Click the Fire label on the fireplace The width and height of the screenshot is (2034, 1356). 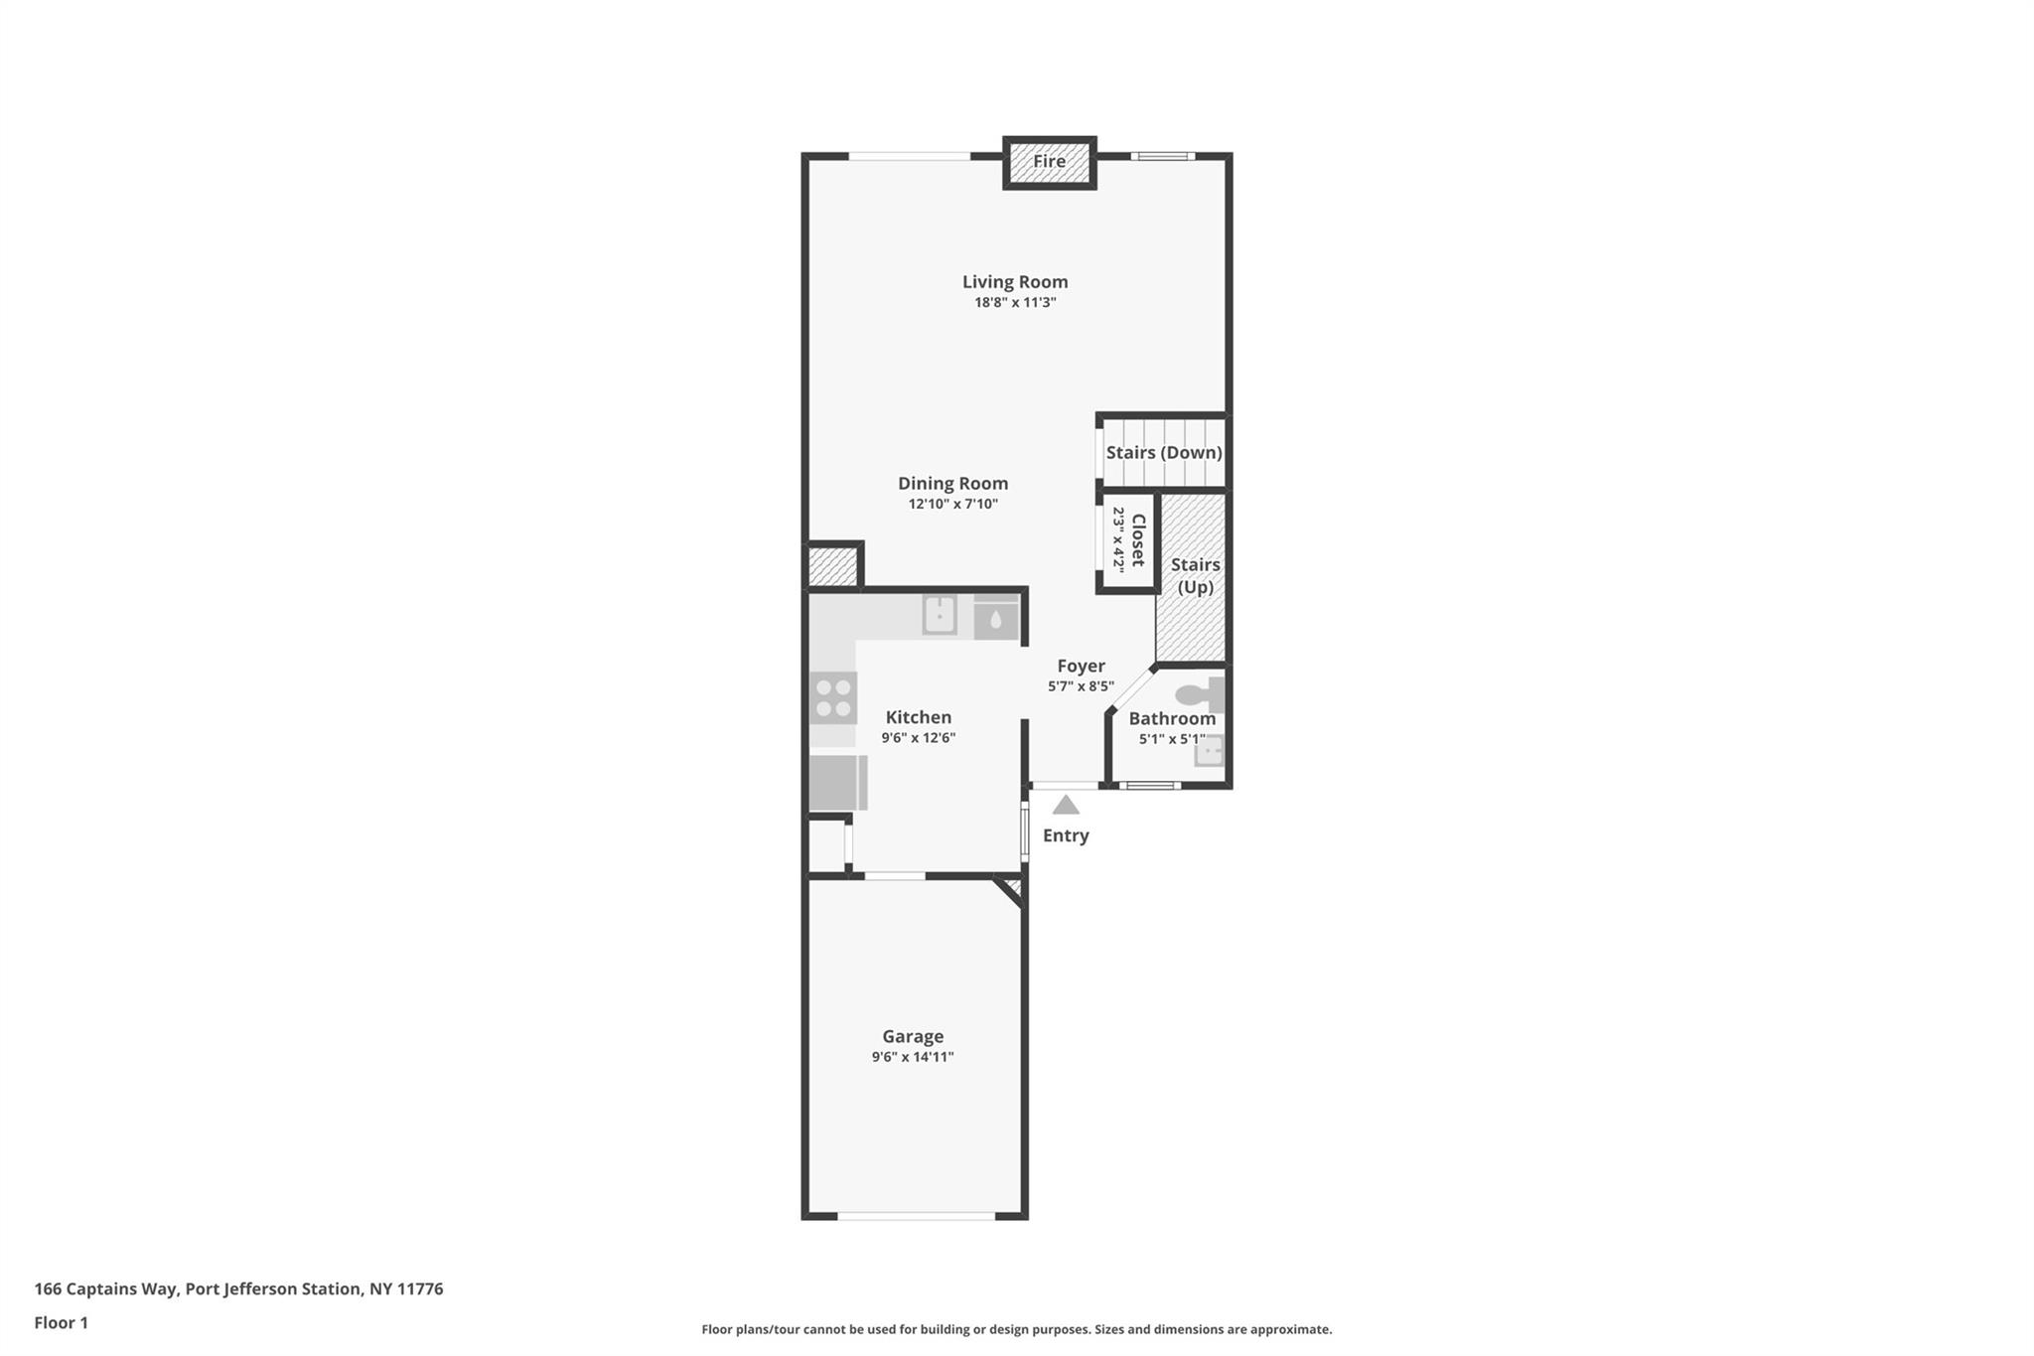click(1049, 161)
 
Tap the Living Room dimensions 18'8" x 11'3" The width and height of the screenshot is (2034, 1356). click(1015, 303)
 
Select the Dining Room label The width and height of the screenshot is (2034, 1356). click(952, 484)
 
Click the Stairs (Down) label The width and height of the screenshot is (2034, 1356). click(1164, 453)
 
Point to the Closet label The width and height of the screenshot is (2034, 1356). click(1139, 540)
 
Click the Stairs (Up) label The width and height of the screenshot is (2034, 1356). click(1195, 576)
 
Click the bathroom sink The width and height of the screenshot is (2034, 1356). click(1209, 751)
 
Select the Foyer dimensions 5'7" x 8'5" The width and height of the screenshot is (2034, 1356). click(1081, 686)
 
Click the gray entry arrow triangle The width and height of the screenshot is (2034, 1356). click(1066, 805)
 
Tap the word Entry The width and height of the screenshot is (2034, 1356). click(1066, 835)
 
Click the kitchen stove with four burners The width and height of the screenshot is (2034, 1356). click(833, 697)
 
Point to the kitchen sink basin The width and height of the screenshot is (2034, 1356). click(940, 615)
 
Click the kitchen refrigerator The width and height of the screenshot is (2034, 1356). click(838, 783)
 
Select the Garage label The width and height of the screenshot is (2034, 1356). click(913, 1036)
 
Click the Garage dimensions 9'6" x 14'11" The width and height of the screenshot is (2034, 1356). click(913, 1057)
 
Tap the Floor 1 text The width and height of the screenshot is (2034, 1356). click(62, 1323)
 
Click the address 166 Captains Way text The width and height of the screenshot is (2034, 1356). click(106, 1289)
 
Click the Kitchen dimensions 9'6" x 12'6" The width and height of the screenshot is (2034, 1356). click(919, 738)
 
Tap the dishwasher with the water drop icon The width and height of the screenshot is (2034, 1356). click(996, 617)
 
